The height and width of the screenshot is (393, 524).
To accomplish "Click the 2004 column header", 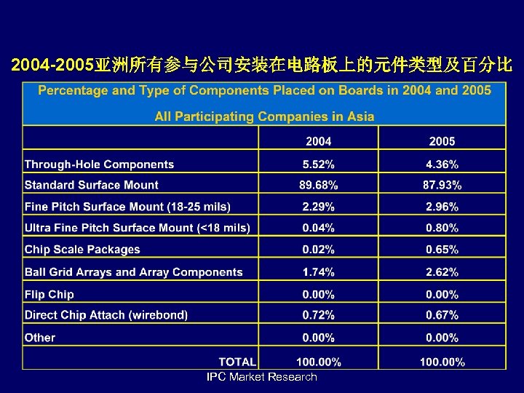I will pos(318,141).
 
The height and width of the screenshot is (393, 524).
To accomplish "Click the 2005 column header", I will pos(442,141).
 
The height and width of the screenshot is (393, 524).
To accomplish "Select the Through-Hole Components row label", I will pos(100,164).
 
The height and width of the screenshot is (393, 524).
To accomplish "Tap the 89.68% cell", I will pos(318,185).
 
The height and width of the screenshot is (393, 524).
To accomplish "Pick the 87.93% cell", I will pos(442,185).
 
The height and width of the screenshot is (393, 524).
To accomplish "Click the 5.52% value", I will pos(318,164).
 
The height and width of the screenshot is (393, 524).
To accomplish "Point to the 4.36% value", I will pos(442,164).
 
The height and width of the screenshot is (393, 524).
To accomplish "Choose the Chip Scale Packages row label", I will pos(82,250).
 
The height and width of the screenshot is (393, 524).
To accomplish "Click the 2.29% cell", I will pos(318,207).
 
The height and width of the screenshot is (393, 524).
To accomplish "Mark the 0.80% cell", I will pos(442,228).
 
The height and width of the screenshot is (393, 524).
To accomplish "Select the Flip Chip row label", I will pos(49,294).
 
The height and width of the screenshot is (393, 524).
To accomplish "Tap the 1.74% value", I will pos(318,272).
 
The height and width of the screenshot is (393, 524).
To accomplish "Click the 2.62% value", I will pos(442,272).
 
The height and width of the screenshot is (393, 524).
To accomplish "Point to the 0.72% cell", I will pos(318,315).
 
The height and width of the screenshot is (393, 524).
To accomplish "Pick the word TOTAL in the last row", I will pos(237,361).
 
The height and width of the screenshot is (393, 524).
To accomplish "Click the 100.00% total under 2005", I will pos(442,362).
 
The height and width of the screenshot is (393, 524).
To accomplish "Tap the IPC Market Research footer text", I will pos(262,377).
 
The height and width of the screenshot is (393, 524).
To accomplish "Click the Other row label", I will pos(40,338).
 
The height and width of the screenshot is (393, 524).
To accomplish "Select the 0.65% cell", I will pos(442,250).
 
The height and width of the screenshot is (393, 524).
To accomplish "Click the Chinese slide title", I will pos(262,66).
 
